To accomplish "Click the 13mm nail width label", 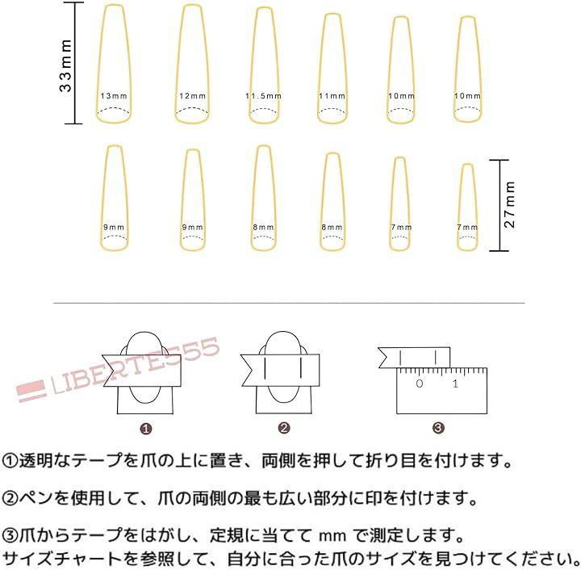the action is [114, 96].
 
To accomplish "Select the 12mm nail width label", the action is [192, 96].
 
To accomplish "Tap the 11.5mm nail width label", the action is [263, 96].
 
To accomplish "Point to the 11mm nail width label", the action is [332, 96].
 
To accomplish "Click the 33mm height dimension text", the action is [65, 65].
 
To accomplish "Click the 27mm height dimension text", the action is [509, 204].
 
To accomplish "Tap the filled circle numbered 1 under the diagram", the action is [146, 429].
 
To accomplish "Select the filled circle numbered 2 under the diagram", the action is [284, 428].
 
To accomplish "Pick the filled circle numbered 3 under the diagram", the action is [438, 428].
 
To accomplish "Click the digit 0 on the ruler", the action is [419, 383].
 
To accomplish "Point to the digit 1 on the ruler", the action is [455, 383].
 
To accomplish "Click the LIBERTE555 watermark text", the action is [136, 366].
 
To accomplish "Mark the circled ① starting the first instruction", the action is [10, 461].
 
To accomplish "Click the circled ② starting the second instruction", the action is [10, 498].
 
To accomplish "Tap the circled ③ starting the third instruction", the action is [10, 535].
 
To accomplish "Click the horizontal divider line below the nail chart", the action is [289, 303].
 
